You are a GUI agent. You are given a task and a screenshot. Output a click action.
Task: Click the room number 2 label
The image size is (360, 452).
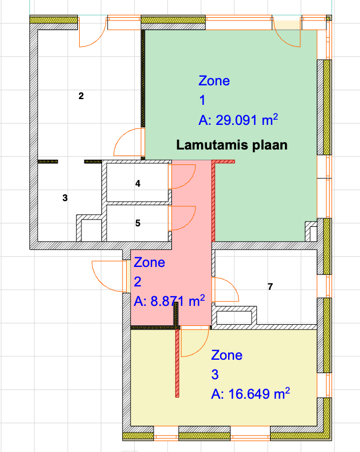[x=81, y=96]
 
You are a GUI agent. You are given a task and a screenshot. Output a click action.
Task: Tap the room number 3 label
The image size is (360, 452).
[x=65, y=198]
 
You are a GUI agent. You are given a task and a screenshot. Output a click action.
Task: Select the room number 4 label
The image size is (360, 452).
[x=138, y=183]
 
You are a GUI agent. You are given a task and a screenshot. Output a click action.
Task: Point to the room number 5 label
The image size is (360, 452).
[x=138, y=223]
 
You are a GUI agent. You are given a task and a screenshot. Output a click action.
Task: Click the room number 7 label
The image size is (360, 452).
[x=270, y=286]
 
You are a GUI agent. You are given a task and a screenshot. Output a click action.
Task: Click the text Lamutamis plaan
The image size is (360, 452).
[x=232, y=145]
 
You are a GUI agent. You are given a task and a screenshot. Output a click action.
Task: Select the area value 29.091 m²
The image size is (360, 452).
[x=238, y=120]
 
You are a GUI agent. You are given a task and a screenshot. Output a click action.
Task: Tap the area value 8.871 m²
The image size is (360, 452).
[x=169, y=301]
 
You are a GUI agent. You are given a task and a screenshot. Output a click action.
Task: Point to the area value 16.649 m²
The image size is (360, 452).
[x=251, y=394]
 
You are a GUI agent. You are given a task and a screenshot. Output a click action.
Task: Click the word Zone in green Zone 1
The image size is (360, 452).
[x=214, y=81]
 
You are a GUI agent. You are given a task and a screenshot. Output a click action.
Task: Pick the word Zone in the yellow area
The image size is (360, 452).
[x=227, y=355]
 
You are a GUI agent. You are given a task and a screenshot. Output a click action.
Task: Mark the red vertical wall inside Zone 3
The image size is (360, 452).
[x=177, y=363]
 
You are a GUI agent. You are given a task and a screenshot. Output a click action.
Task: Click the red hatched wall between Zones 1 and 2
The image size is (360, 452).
[x=213, y=201]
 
